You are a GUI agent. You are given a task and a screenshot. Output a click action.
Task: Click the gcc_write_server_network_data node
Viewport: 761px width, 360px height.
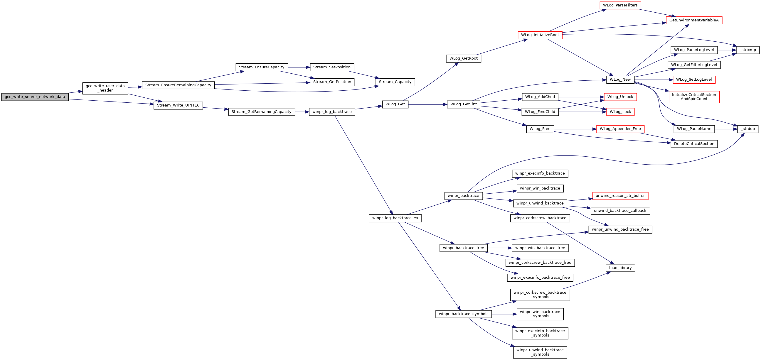(x=35, y=97)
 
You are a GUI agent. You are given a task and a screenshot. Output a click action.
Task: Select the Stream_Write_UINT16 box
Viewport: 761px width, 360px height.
(x=178, y=105)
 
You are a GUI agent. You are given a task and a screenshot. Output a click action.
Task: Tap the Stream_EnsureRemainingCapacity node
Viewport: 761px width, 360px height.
(x=178, y=85)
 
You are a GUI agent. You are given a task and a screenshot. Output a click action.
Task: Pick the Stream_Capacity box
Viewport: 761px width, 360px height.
(x=395, y=82)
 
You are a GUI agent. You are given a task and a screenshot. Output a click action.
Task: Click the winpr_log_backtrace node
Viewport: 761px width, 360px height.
(x=332, y=112)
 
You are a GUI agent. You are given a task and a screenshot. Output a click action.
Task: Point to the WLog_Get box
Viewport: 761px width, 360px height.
(x=395, y=104)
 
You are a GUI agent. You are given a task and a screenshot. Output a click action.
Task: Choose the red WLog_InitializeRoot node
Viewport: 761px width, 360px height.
(x=540, y=35)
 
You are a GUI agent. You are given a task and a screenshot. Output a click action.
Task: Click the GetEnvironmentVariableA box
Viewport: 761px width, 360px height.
(x=694, y=20)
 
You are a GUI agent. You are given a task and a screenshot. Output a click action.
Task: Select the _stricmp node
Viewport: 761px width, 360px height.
(x=748, y=50)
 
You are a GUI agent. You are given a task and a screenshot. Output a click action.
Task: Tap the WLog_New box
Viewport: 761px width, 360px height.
(x=620, y=80)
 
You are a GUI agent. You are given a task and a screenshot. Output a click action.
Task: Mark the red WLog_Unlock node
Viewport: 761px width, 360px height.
(x=620, y=97)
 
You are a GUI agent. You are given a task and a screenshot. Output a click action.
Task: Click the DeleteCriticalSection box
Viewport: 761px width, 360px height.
(x=694, y=144)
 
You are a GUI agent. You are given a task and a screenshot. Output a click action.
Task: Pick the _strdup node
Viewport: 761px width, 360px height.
(x=748, y=129)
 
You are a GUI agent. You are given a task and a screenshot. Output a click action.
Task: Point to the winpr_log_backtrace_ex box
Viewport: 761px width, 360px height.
(x=395, y=218)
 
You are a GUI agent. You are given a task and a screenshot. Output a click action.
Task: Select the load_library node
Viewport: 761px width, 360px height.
(x=620, y=268)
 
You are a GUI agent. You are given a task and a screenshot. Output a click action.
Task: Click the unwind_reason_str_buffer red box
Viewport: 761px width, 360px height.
(x=620, y=196)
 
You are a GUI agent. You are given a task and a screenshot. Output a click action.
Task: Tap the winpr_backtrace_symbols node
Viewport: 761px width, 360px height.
(x=464, y=314)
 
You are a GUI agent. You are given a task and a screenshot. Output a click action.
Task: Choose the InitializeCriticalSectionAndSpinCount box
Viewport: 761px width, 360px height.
(x=694, y=97)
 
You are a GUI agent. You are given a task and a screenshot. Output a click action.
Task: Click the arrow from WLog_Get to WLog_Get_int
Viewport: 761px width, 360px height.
(x=428, y=104)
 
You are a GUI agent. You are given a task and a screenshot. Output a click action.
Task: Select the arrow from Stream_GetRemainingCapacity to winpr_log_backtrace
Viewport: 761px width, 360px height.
(x=302, y=112)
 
